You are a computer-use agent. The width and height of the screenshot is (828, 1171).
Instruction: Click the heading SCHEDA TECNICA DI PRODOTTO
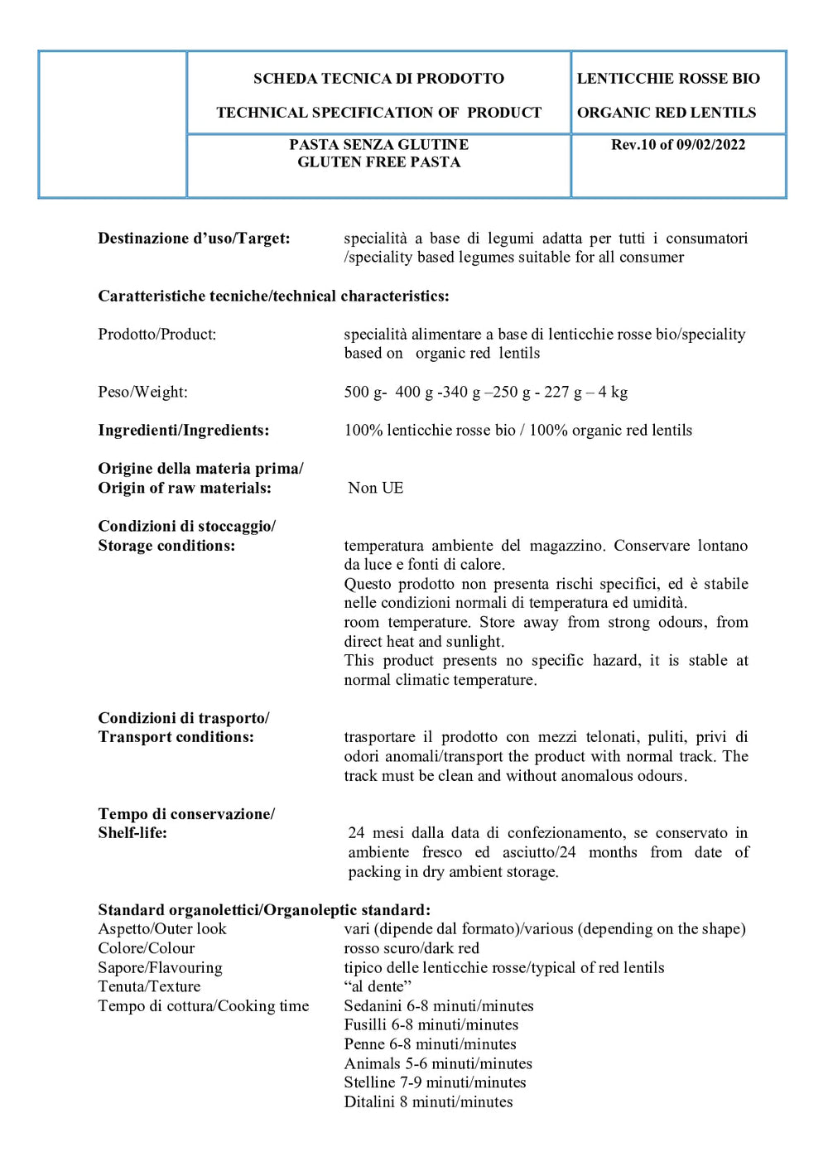pyautogui.click(x=378, y=79)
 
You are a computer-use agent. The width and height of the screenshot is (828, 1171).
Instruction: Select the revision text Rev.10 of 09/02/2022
pyautogui.click(x=677, y=145)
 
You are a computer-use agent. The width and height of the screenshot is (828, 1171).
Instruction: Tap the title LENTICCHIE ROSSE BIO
pyautogui.click(x=667, y=79)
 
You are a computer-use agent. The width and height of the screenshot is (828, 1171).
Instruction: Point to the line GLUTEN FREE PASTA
pyautogui.click(x=378, y=162)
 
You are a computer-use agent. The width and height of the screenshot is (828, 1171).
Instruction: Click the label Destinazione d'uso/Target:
pyautogui.click(x=194, y=239)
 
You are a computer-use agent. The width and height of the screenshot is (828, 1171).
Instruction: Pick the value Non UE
pyautogui.click(x=375, y=488)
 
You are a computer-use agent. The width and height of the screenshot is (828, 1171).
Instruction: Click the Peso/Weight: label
pyautogui.click(x=142, y=392)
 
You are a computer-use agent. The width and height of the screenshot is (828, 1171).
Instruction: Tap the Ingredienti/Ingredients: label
pyautogui.click(x=183, y=430)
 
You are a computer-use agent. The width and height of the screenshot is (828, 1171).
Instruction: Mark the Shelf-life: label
pyautogui.click(x=132, y=833)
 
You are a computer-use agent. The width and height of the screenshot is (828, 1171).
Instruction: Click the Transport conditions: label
pyautogui.click(x=176, y=737)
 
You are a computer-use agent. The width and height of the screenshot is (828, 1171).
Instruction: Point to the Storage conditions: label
pyautogui.click(x=166, y=546)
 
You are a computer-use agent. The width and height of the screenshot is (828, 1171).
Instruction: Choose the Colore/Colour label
pyautogui.click(x=146, y=948)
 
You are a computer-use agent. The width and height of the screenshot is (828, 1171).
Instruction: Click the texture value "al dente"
pyautogui.click(x=378, y=986)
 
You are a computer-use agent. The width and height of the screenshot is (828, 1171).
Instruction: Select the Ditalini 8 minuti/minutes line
pyautogui.click(x=428, y=1101)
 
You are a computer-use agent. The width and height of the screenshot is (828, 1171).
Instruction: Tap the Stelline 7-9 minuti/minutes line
pyautogui.click(x=435, y=1082)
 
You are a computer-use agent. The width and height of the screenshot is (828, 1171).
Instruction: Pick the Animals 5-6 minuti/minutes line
pyautogui.click(x=438, y=1063)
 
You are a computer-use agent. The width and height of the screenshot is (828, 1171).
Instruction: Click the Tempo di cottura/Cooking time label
pyautogui.click(x=203, y=1006)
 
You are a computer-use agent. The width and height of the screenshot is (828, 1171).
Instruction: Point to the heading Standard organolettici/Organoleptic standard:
pyautogui.click(x=264, y=910)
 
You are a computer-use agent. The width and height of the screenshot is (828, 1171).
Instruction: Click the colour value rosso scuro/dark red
pyautogui.click(x=412, y=948)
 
